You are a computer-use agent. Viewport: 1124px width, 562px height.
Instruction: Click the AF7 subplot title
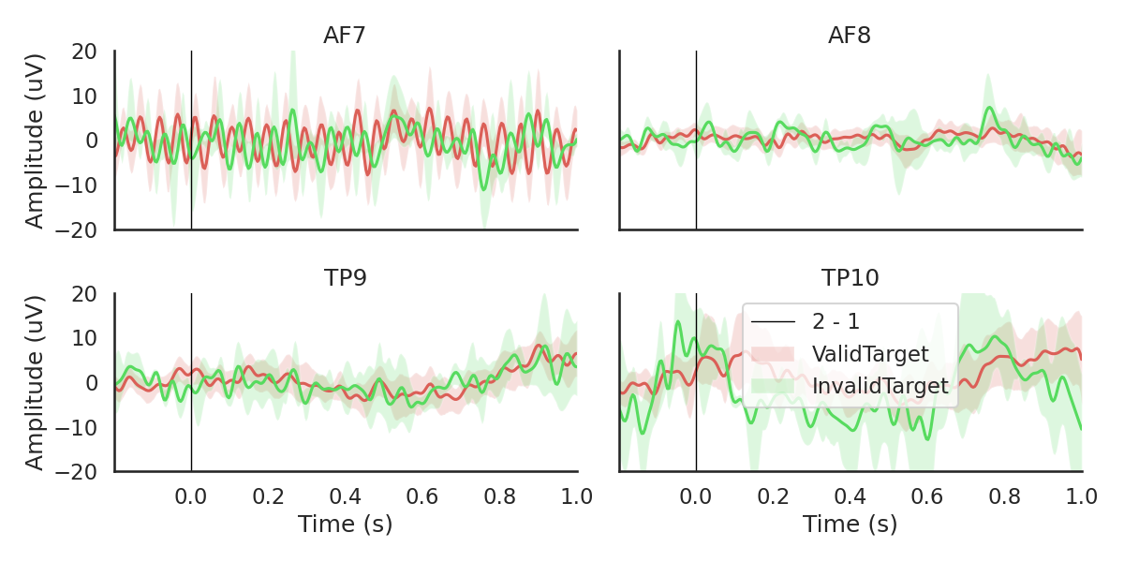345,37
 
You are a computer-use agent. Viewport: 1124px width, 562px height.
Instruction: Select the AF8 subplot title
850,37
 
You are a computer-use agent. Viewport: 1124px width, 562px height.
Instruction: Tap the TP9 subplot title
345,278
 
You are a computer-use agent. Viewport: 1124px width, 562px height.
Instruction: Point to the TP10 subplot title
850,278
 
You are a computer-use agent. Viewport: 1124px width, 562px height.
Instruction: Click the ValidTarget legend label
870,354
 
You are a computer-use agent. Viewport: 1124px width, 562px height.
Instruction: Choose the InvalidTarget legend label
880,386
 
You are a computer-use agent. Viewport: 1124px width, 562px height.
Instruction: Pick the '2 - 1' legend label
836,322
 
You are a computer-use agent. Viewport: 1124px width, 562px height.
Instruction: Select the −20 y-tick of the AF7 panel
81,229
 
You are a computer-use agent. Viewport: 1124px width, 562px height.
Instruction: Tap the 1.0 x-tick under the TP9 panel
577,496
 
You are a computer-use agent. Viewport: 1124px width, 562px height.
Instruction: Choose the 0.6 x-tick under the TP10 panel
927,496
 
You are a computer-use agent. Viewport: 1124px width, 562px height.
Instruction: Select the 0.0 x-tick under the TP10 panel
696,496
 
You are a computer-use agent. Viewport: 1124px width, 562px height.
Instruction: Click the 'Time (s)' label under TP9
345,525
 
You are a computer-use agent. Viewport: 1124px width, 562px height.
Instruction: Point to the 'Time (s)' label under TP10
850,525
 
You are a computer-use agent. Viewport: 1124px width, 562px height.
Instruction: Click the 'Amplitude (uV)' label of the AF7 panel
36,140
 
